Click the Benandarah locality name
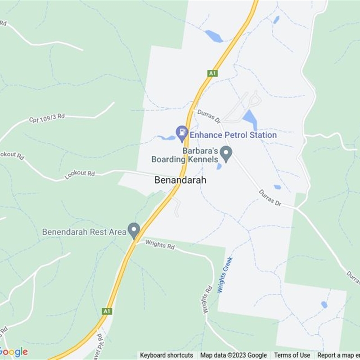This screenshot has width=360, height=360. point(180,180)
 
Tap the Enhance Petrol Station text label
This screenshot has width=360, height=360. point(233,135)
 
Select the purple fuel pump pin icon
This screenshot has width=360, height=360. point(182,132)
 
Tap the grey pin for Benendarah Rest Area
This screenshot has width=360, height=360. point(134,231)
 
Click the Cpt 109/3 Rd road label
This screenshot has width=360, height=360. point(47,118)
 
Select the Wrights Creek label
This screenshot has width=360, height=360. point(225,274)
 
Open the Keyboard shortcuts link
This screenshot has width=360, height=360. point(166,355)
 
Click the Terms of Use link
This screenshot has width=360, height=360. point(292,355)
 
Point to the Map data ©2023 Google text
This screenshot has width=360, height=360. point(234,355)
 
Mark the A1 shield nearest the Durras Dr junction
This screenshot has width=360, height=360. point(212,73)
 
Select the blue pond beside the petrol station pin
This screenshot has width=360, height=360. point(167,137)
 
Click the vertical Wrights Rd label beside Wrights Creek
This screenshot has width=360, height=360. point(207,300)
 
